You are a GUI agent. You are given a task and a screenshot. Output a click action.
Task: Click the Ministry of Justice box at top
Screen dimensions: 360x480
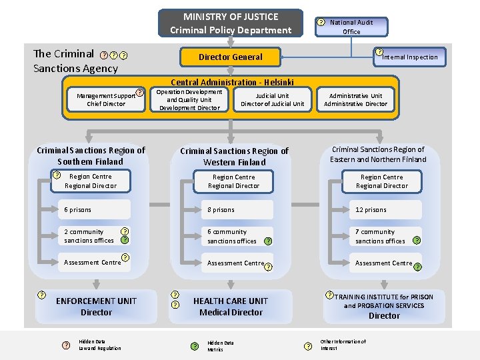click(231, 23)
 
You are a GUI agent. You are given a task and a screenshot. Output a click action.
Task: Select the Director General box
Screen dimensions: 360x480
click(231, 57)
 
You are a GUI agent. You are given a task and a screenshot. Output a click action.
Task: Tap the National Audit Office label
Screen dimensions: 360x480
click(351, 27)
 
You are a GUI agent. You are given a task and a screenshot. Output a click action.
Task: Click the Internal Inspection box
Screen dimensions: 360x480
click(409, 57)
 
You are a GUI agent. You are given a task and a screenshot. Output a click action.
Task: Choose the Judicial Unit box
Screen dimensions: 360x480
click(272, 99)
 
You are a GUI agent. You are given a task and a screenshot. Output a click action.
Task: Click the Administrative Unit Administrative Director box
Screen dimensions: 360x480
click(355, 99)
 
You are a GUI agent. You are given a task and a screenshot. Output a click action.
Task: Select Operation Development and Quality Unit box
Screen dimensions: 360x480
click(189, 99)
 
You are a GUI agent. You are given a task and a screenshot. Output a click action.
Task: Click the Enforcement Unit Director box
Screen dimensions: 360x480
click(96, 307)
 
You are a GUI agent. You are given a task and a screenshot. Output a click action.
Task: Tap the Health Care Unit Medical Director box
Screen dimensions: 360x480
click(231, 307)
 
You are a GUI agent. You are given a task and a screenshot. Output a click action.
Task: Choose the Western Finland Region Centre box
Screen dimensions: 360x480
click(233, 181)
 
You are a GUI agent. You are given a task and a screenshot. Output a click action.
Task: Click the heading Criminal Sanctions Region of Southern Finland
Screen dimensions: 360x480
click(91, 155)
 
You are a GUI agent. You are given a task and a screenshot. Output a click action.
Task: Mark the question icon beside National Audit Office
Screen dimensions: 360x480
click(321, 22)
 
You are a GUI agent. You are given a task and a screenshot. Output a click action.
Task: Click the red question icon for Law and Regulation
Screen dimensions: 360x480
click(65, 345)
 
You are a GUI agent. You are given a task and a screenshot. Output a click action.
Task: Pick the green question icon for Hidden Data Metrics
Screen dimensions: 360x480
click(195, 346)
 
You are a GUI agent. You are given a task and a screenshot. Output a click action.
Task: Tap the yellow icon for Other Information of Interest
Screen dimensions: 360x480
click(307, 345)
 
